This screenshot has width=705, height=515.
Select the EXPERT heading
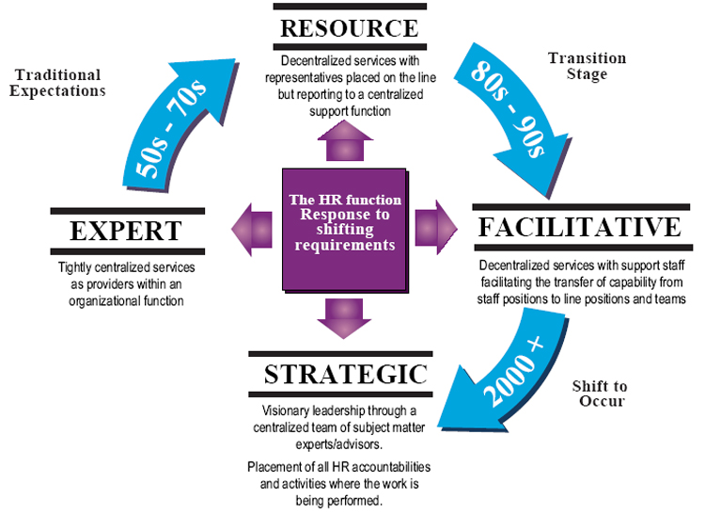click(125, 231)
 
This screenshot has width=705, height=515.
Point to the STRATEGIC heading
click(346, 374)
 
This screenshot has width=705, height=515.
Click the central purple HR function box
click(345, 227)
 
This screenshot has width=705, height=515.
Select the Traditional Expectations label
click(58, 83)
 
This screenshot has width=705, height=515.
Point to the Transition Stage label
click(587, 66)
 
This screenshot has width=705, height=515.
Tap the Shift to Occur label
click(601, 394)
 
